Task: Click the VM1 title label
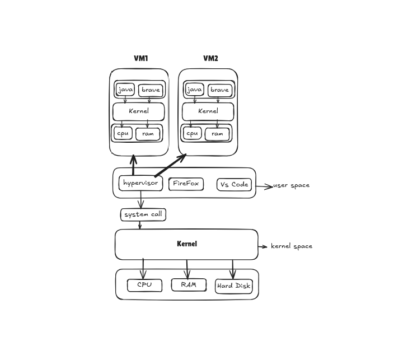click(x=141, y=58)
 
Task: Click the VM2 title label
click(x=210, y=58)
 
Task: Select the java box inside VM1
click(x=125, y=90)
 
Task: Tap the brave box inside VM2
click(x=219, y=90)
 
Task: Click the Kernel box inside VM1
click(x=139, y=111)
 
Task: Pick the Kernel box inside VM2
click(x=208, y=111)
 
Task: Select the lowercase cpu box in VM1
click(x=123, y=133)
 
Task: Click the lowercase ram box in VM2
click(x=217, y=134)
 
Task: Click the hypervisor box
click(x=140, y=183)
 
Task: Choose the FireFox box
click(x=186, y=184)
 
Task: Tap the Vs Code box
click(x=234, y=184)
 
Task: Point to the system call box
click(x=143, y=214)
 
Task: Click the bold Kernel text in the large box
click(x=186, y=244)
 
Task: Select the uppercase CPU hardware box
click(x=144, y=285)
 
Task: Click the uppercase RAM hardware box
click(x=189, y=284)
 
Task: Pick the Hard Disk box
click(x=234, y=286)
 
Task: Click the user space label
click(x=291, y=185)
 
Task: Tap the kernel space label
click(x=292, y=246)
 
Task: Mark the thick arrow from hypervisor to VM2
click(x=170, y=166)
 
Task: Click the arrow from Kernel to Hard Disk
click(x=233, y=269)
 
